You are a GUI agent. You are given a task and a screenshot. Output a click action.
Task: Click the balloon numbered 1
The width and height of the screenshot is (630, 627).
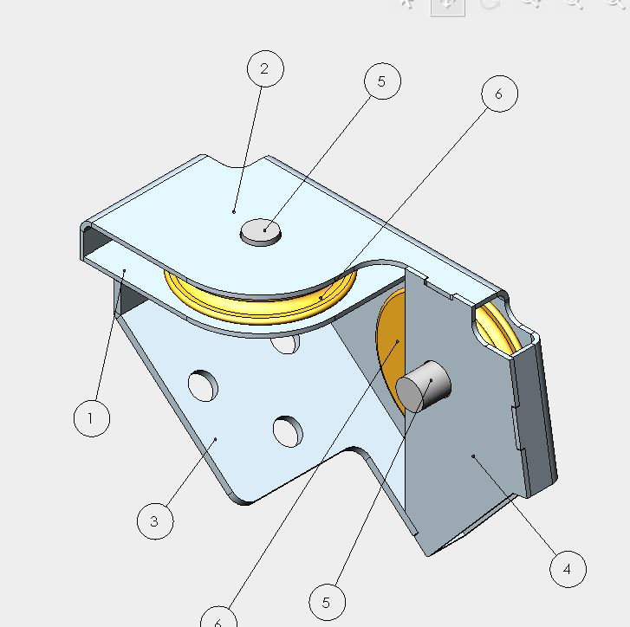(x=92, y=418)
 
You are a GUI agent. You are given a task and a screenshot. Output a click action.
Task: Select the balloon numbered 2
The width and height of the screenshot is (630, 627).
(x=265, y=68)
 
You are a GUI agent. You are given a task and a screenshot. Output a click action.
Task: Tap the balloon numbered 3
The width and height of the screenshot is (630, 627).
(x=155, y=521)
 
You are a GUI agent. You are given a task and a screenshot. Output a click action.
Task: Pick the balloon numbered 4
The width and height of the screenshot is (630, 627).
(x=568, y=569)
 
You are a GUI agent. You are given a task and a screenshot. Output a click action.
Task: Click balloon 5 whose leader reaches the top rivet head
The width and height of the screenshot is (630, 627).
(x=382, y=81)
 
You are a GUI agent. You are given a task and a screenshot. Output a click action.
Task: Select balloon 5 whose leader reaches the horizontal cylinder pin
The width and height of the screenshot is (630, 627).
(x=327, y=602)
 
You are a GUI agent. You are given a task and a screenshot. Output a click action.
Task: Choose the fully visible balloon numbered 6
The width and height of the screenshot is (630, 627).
(x=499, y=94)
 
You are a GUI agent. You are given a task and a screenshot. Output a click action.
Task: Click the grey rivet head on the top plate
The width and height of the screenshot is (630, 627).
(x=261, y=232)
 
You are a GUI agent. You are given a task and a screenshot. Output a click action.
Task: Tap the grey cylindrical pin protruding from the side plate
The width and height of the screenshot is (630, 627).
(x=423, y=386)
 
